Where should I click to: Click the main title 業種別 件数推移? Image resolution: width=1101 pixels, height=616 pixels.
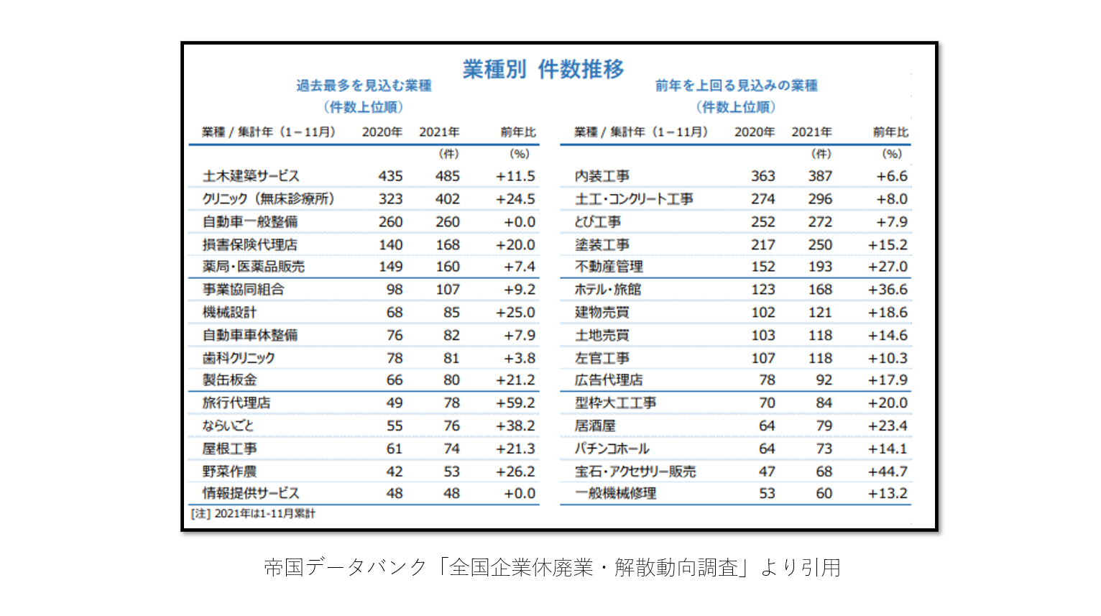(x=543, y=69)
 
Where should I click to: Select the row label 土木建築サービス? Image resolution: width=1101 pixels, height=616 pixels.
(x=250, y=176)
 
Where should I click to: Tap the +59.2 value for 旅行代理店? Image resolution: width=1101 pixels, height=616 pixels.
(x=515, y=403)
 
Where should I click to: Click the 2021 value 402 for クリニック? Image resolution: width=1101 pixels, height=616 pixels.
(x=447, y=199)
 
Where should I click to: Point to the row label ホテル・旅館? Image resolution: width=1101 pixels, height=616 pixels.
(x=607, y=290)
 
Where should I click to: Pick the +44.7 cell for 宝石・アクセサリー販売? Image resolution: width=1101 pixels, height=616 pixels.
(x=888, y=472)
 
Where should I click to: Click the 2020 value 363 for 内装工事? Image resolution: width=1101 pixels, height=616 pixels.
(x=763, y=176)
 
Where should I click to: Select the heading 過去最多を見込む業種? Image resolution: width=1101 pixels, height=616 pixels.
(x=364, y=86)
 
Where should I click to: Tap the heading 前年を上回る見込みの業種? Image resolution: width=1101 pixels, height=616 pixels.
(x=736, y=86)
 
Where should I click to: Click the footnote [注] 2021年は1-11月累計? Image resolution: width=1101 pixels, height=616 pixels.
(x=253, y=513)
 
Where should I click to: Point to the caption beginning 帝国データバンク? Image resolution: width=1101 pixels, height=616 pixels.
(x=551, y=568)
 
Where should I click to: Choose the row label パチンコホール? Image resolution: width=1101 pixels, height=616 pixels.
(x=612, y=449)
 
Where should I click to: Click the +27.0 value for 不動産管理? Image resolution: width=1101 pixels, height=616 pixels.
(x=888, y=267)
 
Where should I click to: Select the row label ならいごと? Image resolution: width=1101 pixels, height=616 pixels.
(x=228, y=426)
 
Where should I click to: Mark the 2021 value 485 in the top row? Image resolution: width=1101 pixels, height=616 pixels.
(x=447, y=176)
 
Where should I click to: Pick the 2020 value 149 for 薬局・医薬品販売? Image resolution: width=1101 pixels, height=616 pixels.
(x=390, y=267)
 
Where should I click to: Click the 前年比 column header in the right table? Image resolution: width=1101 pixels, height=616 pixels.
(x=890, y=132)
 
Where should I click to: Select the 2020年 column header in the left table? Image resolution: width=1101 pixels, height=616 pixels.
(x=382, y=132)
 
